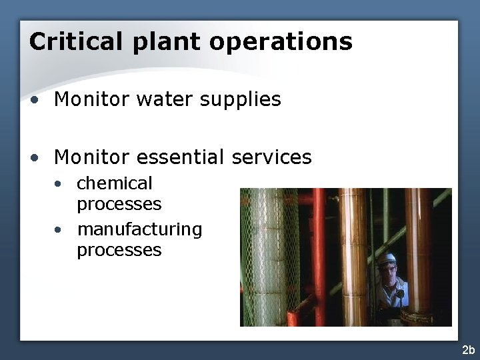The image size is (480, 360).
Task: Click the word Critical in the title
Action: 75,42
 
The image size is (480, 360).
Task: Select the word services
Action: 272,157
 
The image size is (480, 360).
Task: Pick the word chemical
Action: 115,183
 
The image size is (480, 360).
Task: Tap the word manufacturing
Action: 139,230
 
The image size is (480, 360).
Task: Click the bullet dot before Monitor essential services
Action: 34,158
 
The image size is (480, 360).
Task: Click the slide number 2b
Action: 467,349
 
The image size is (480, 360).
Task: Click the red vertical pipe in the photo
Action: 319,253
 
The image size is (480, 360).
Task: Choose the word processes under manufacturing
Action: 119,251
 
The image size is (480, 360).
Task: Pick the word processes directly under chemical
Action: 119,203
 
